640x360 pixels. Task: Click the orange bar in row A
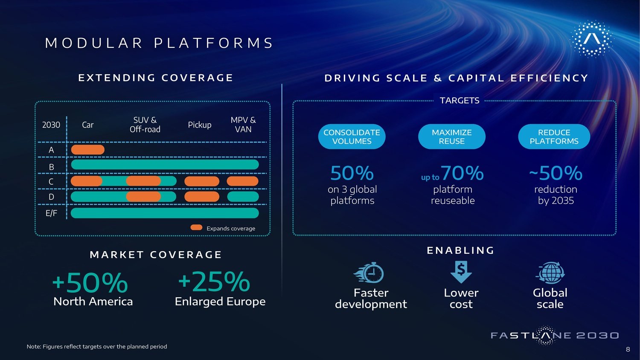pyautogui.click(x=88, y=150)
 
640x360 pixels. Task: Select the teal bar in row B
pyautogui.click(x=165, y=165)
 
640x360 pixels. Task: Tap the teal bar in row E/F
pyautogui.click(x=165, y=213)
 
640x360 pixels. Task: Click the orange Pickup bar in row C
pyautogui.click(x=202, y=181)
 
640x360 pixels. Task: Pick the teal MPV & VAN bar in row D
pyautogui.click(x=243, y=197)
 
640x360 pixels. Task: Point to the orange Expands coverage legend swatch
pyautogui.click(x=196, y=227)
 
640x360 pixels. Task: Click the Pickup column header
pyautogui.click(x=199, y=125)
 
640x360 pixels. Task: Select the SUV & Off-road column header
pyautogui.click(x=145, y=125)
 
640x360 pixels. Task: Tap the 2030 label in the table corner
pyautogui.click(x=51, y=125)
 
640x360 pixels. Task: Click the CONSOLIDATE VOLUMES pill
pyautogui.click(x=352, y=136)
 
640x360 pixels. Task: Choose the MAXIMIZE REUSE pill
pyautogui.click(x=452, y=136)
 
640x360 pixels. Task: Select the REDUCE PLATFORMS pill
pyautogui.click(x=554, y=136)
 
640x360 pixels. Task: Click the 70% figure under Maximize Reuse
pyautogui.click(x=462, y=173)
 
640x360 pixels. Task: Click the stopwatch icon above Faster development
pyautogui.click(x=369, y=273)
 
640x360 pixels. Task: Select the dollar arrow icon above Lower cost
pyautogui.click(x=461, y=272)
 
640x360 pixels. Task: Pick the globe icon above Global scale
pyautogui.click(x=550, y=273)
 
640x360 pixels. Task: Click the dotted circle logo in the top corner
pyautogui.click(x=592, y=39)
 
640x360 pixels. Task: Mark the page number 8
pyautogui.click(x=628, y=349)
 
